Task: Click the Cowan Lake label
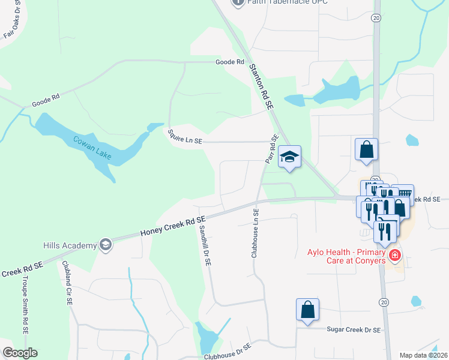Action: [x=92, y=148]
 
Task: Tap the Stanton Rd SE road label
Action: [x=261, y=86]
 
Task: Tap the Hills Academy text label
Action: [x=70, y=245]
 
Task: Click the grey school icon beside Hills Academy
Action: [x=106, y=244]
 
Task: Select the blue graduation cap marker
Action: [x=290, y=158]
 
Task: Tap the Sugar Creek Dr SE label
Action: [x=354, y=329]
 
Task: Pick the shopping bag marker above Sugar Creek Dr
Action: [x=307, y=311]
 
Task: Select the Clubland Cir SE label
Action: [x=67, y=287]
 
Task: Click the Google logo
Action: [x=20, y=352]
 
